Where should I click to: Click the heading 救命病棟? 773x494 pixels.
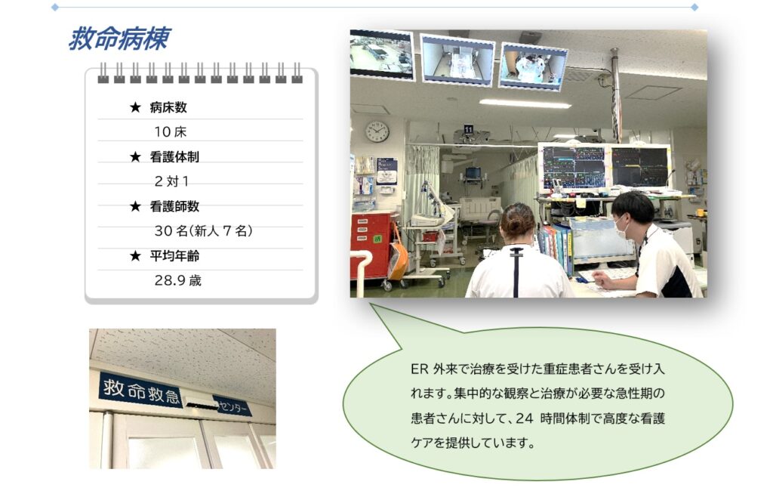point(119,39)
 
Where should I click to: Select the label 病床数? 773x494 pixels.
point(168,107)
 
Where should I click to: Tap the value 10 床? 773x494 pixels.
point(171,131)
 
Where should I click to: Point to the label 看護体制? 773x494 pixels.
point(174,157)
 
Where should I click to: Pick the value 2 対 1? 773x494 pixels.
point(171,181)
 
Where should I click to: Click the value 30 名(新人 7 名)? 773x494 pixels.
point(204,231)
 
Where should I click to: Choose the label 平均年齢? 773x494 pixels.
point(174,256)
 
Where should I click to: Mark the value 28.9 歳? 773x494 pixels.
point(178,281)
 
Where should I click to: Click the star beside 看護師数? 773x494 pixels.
point(136,206)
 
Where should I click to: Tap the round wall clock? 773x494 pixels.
point(377,131)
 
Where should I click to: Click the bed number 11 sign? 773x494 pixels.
point(468,129)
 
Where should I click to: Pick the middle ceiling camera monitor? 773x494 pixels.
point(457,60)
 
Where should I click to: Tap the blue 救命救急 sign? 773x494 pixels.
point(141,389)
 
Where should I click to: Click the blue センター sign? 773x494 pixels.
point(233,405)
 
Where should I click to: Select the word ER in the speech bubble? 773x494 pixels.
point(420,369)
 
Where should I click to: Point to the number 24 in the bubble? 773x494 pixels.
point(525,418)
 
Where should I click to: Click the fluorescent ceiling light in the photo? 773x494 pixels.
point(525,103)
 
